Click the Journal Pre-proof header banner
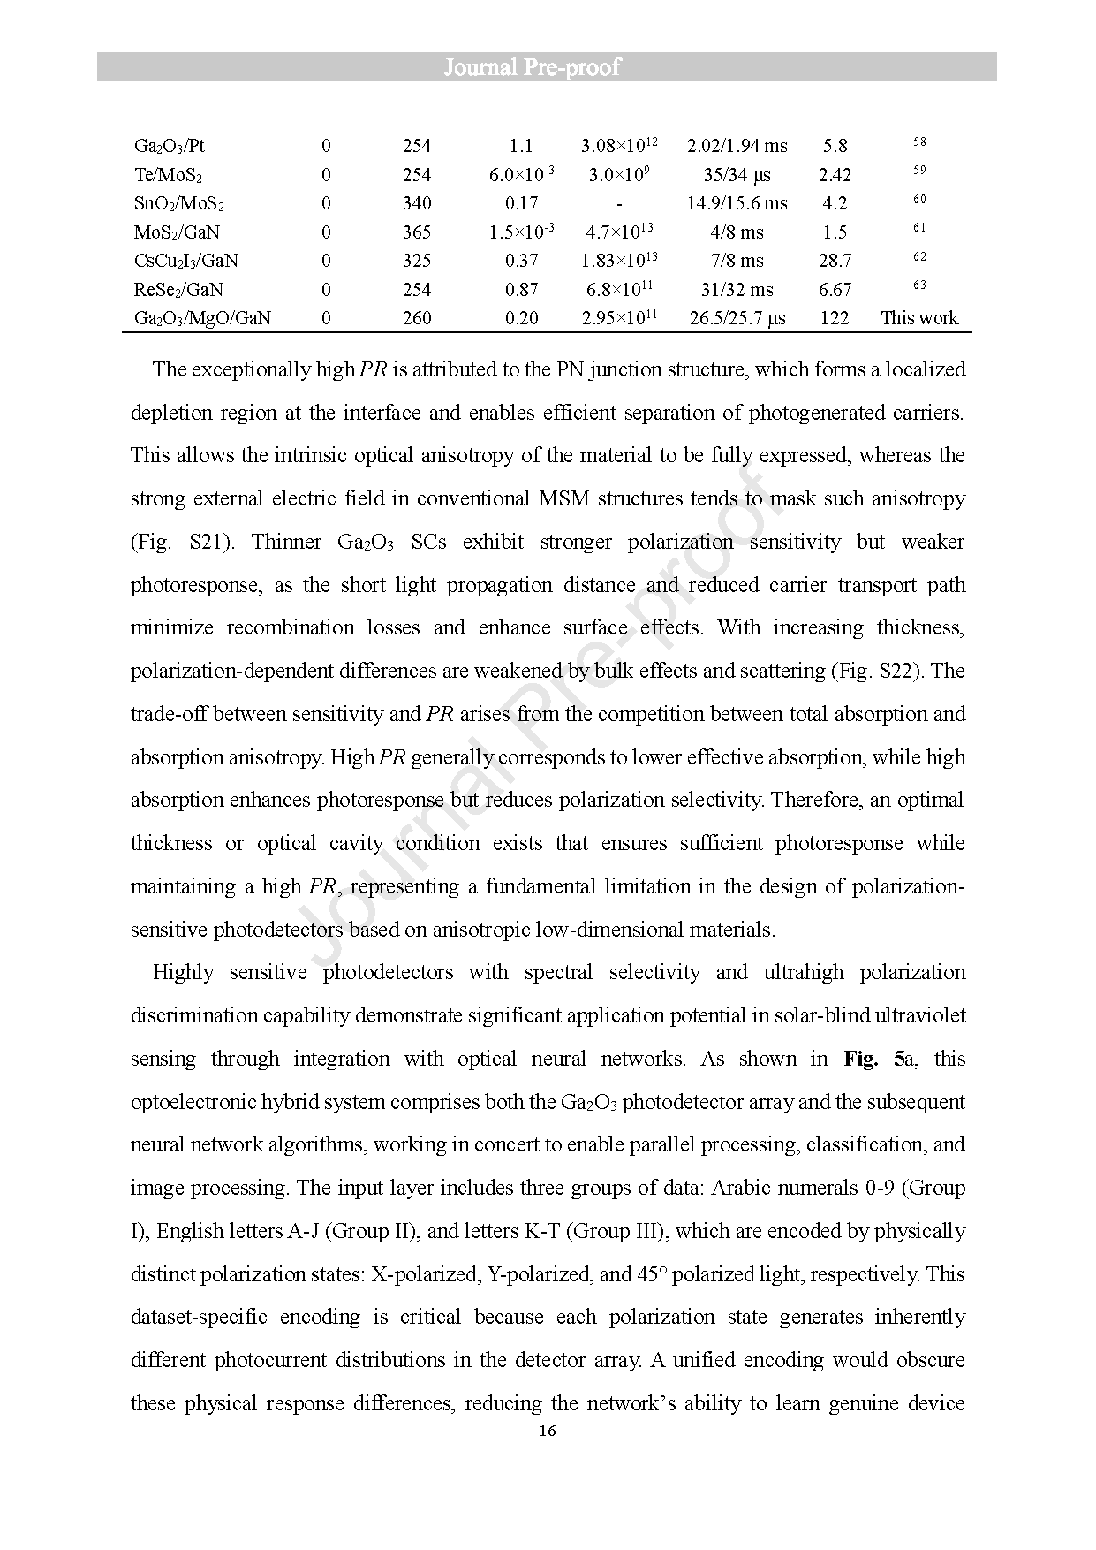click(547, 67)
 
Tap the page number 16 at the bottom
click(547, 1432)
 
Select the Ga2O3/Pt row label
click(170, 147)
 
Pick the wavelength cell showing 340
click(417, 204)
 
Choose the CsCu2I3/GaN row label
click(186, 262)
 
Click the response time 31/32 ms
click(737, 290)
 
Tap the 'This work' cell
click(919, 318)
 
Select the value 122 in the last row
click(834, 318)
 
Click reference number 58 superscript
click(919, 142)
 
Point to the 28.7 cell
click(834, 261)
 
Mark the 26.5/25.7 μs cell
click(737, 318)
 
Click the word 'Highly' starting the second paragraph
click(183, 973)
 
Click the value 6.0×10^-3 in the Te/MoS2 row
click(521, 175)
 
